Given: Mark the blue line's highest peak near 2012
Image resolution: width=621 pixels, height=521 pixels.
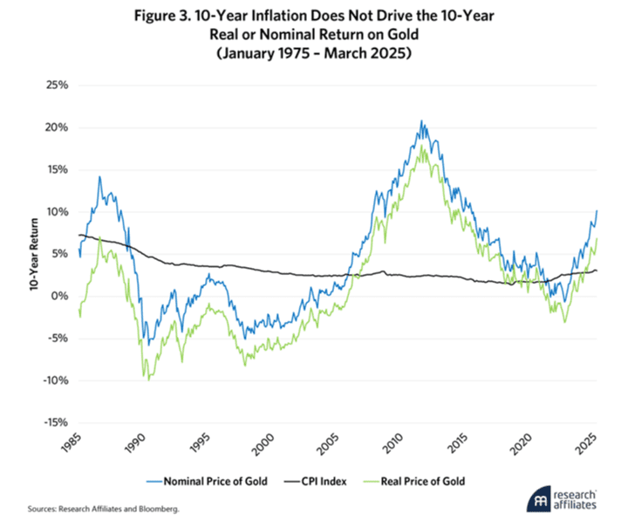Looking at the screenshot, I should click(422, 121).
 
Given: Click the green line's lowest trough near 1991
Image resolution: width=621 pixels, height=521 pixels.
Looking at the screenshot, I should click(148, 380).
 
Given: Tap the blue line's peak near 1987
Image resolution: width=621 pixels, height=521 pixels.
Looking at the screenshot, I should click(99, 177).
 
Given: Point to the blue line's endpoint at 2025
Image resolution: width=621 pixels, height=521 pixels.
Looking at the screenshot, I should click(597, 210).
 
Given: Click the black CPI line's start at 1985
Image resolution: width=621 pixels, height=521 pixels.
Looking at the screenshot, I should click(79, 235).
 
